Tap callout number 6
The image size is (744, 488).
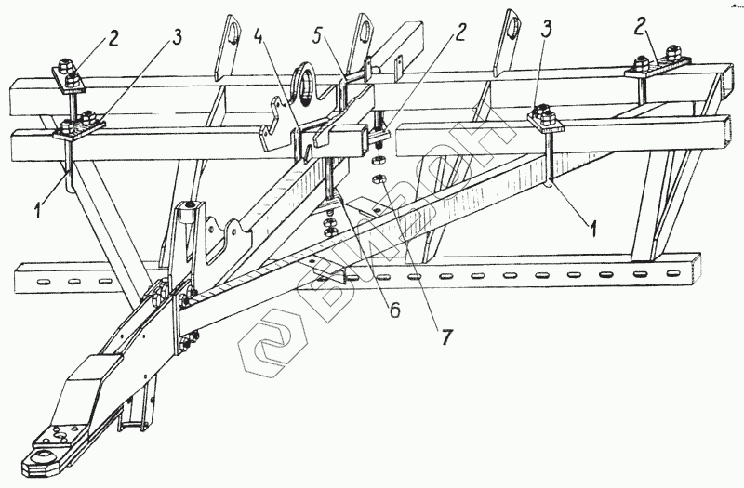[x=394, y=310]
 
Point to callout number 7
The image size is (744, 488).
[x=447, y=337]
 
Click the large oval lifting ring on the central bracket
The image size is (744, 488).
[x=305, y=80]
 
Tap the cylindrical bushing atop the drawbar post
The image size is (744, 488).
[x=190, y=205]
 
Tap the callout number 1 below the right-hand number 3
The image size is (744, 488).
[x=592, y=224]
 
